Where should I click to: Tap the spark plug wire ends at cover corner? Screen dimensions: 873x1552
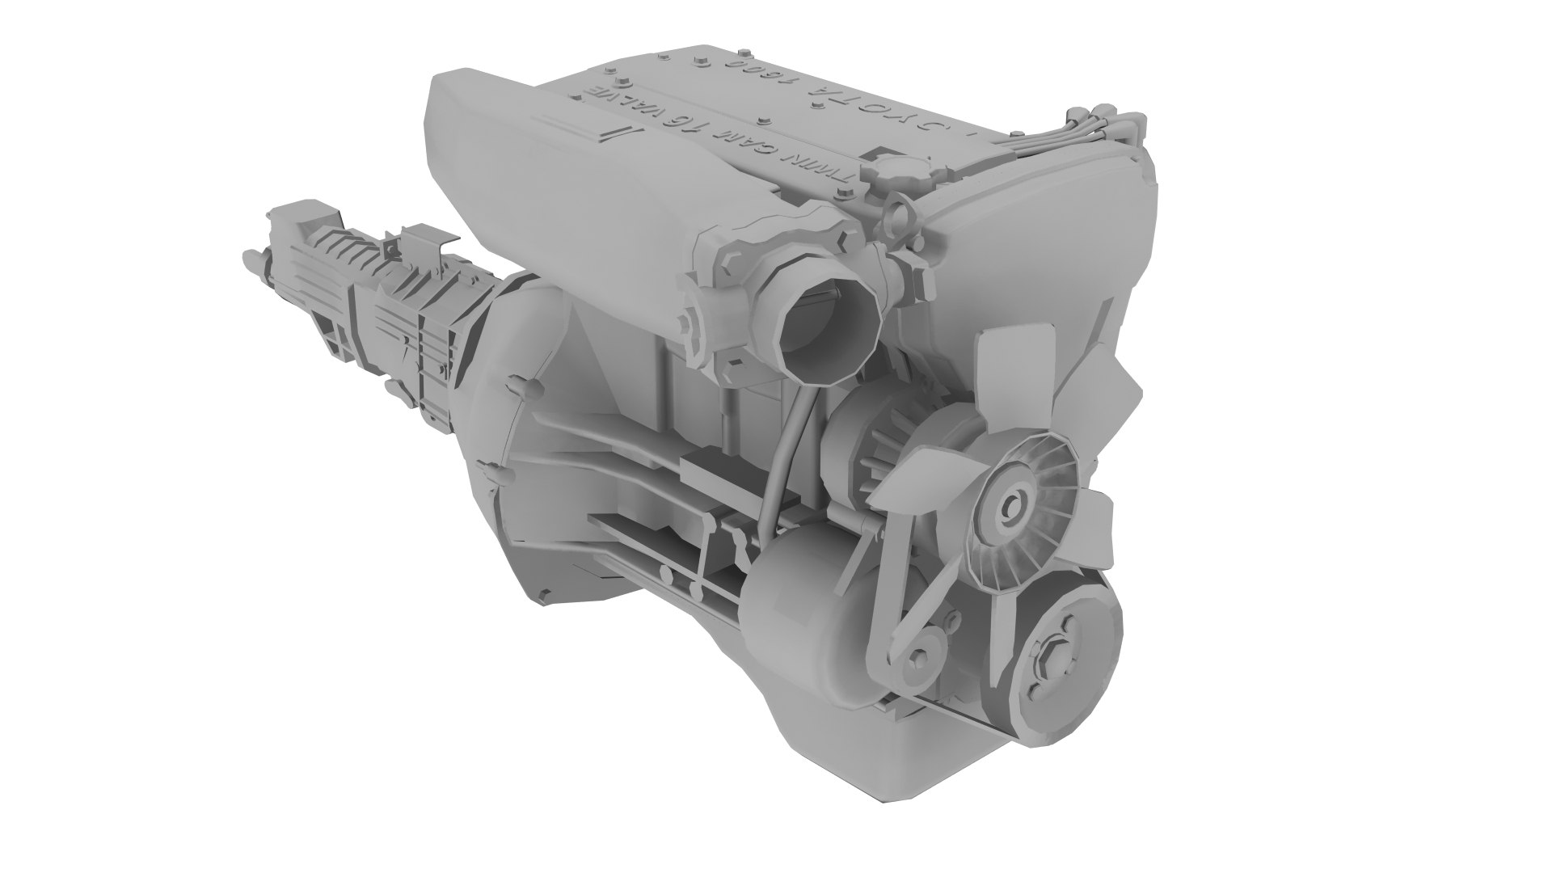click(x=1111, y=121)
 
